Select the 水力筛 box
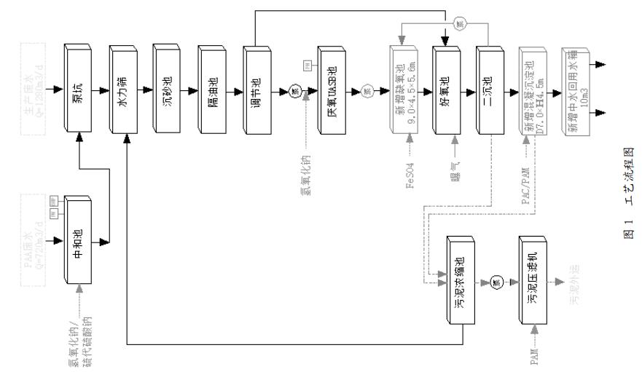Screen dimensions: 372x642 click(123, 91)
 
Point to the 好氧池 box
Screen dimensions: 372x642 click(445, 92)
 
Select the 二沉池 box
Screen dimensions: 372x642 click(489, 92)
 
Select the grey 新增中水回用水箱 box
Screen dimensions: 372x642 click(576, 92)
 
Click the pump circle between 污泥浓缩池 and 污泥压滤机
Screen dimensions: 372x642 click(497, 282)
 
